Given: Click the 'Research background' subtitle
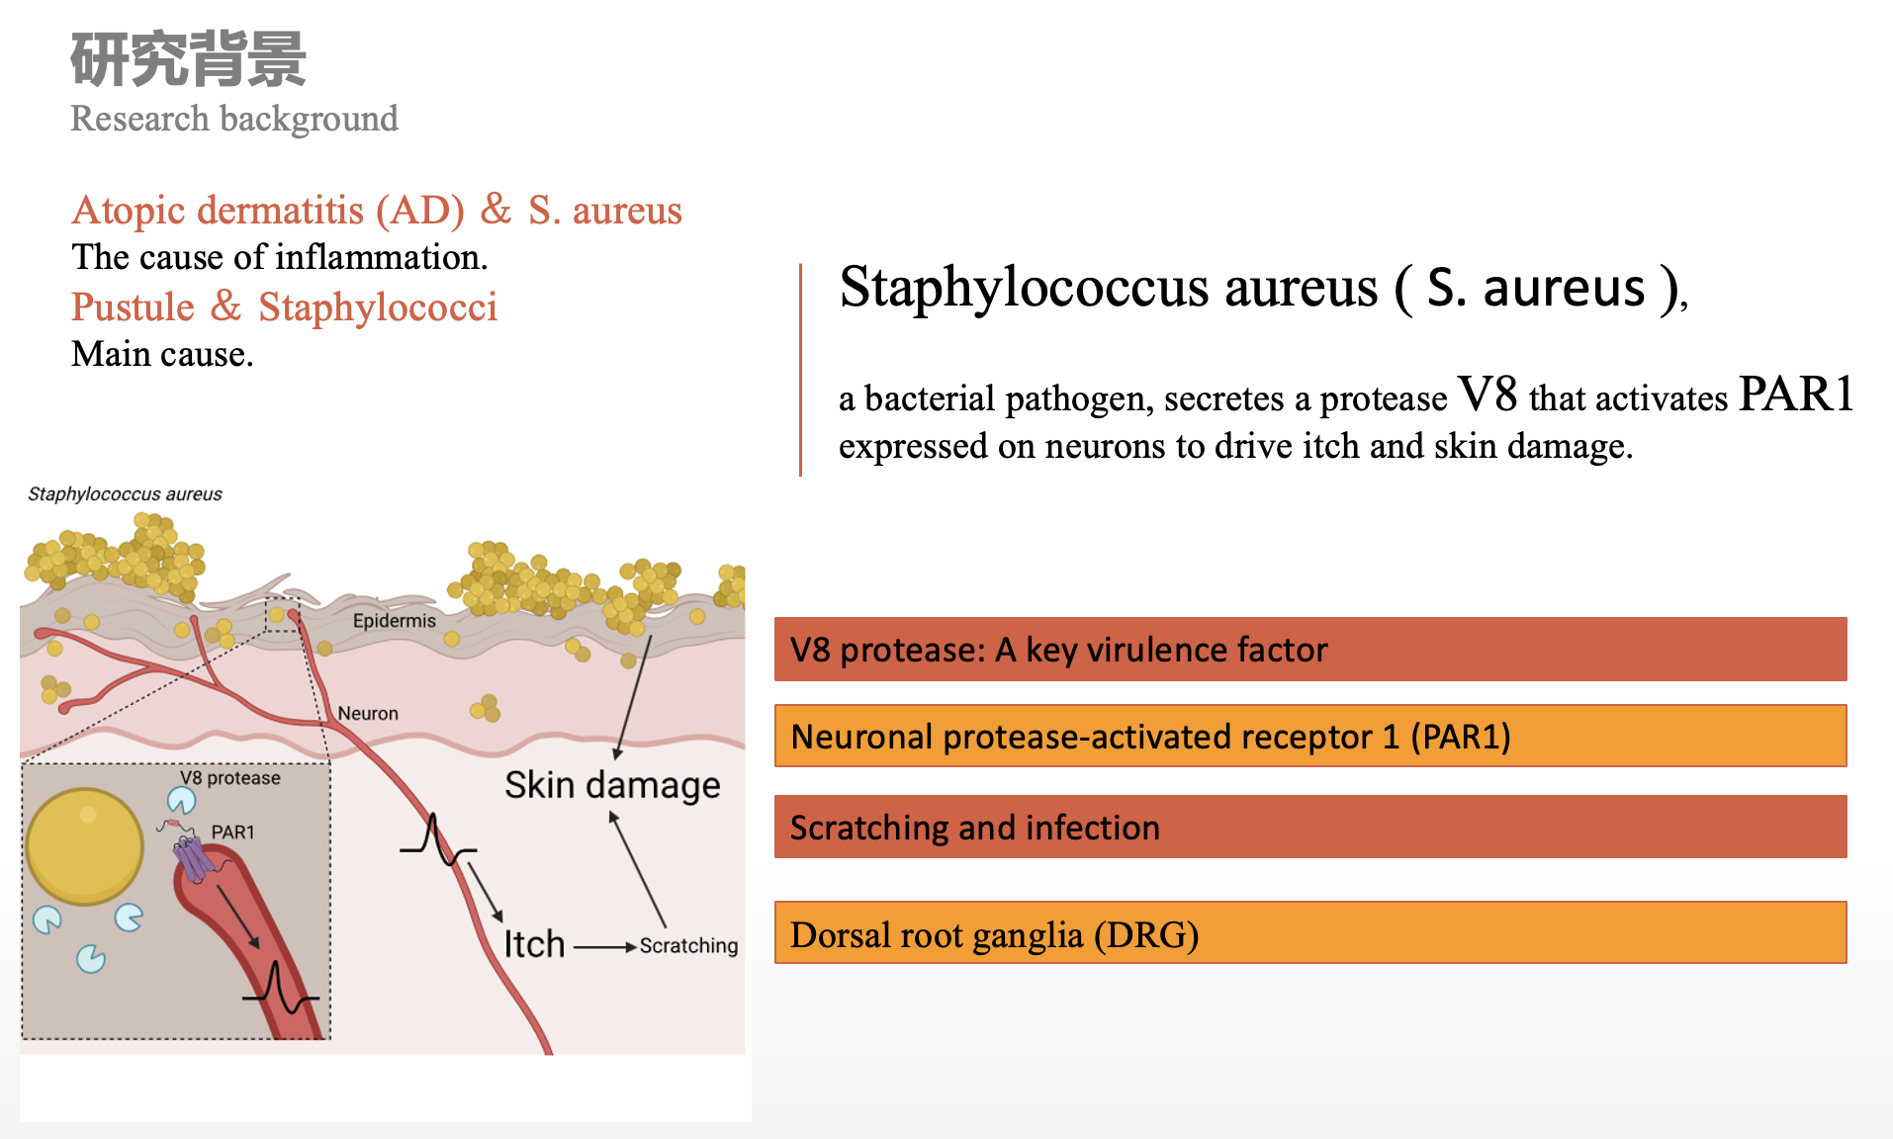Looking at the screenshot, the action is pyautogui.click(x=234, y=119).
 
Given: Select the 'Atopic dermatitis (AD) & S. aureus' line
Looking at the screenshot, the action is pyautogui.click(x=377, y=210).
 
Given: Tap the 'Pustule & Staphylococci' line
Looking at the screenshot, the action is pyautogui.click(x=284, y=307).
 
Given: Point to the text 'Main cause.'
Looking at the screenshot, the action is pyautogui.click(x=162, y=354).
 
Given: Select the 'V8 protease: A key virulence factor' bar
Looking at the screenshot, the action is pyautogui.click(x=1310, y=650).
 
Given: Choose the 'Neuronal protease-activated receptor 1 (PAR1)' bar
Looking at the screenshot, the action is pyautogui.click(x=1310, y=736).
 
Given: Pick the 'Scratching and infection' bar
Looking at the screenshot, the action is pyautogui.click(x=1310, y=827).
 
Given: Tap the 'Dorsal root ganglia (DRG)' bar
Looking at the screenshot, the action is pyautogui.click(x=1310, y=932).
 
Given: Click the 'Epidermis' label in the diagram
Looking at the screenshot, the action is pyautogui.click(x=394, y=621).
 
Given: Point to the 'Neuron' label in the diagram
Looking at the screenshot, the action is pyautogui.click(x=368, y=713).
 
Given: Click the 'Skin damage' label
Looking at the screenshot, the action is pyautogui.click(x=612, y=785).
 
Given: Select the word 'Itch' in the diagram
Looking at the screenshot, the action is pyautogui.click(x=534, y=944).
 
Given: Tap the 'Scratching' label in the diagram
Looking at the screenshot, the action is pyautogui.click(x=688, y=946).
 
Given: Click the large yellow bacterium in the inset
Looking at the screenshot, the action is pyautogui.click(x=85, y=846).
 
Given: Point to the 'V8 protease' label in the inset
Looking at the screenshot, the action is pyautogui.click(x=230, y=778).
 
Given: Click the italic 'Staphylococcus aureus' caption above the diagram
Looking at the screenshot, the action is pyautogui.click(x=125, y=494).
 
